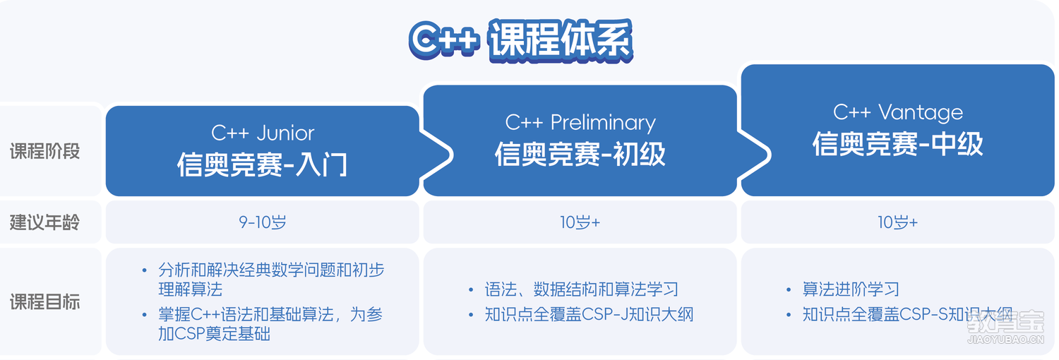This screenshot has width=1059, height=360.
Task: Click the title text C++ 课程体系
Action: [x=520, y=40]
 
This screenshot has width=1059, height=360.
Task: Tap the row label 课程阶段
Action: [x=45, y=152]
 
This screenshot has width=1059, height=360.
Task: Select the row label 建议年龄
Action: [x=45, y=222]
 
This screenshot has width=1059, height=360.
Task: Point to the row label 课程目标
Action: [x=45, y=302]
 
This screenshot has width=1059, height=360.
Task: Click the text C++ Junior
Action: [x=263, y=133]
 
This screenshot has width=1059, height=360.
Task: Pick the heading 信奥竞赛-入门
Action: [x=263, y=164]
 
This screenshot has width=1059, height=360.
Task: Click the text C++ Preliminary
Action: [x=580, y=123]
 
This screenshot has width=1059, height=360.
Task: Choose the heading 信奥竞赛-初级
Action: [x=580, y=154]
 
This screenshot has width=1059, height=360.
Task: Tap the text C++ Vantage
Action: [x=898, y=112]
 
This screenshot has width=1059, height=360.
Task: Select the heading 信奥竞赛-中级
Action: [x=898, y=143]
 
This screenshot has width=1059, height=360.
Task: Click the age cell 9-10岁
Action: [x=263, y=222]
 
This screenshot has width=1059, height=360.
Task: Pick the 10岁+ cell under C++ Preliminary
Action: [x=580, y=222]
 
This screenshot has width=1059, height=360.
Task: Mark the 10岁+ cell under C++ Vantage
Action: [x=898, y=222]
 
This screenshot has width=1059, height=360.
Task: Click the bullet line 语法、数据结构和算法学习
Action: [x=582, y=289]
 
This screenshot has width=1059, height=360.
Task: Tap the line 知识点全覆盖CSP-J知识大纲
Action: [x=589, y=314]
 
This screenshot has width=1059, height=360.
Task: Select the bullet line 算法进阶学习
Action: [x=851, y=289]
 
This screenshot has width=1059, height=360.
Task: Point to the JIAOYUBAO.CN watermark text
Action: [x=1005, y=340]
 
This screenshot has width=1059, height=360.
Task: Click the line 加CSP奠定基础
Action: [x=214, y=334]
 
